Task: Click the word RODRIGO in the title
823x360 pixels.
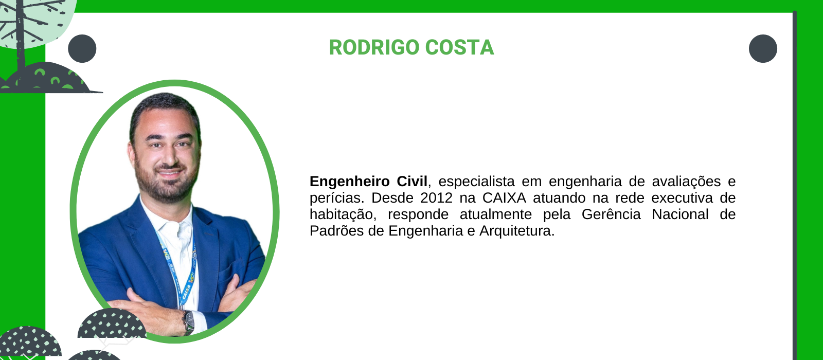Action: [x=374, y=48]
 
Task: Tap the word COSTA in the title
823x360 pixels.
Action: [x=460, y=48]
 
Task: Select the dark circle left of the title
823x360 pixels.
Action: [x=82, y=48]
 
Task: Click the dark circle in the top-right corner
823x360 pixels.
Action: [x=763, y=48]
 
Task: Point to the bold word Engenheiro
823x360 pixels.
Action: [x=349, y=182]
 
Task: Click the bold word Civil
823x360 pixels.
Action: [x=412, y=181]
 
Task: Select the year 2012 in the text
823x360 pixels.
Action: [x=437, y=198]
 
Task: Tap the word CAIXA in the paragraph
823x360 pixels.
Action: [x=504, y=198]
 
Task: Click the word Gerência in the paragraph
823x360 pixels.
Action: [x=611, y=214]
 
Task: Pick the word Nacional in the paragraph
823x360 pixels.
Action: [x=680, y=214]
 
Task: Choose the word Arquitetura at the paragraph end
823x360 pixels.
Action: [x=517, y=231]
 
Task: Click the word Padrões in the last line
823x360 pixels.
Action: [x=336, y=231]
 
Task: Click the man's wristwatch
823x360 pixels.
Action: [x=188, y=322]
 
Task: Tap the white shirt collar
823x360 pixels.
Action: [x=169, y=221]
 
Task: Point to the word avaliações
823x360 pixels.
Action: [x=686, y=182]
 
